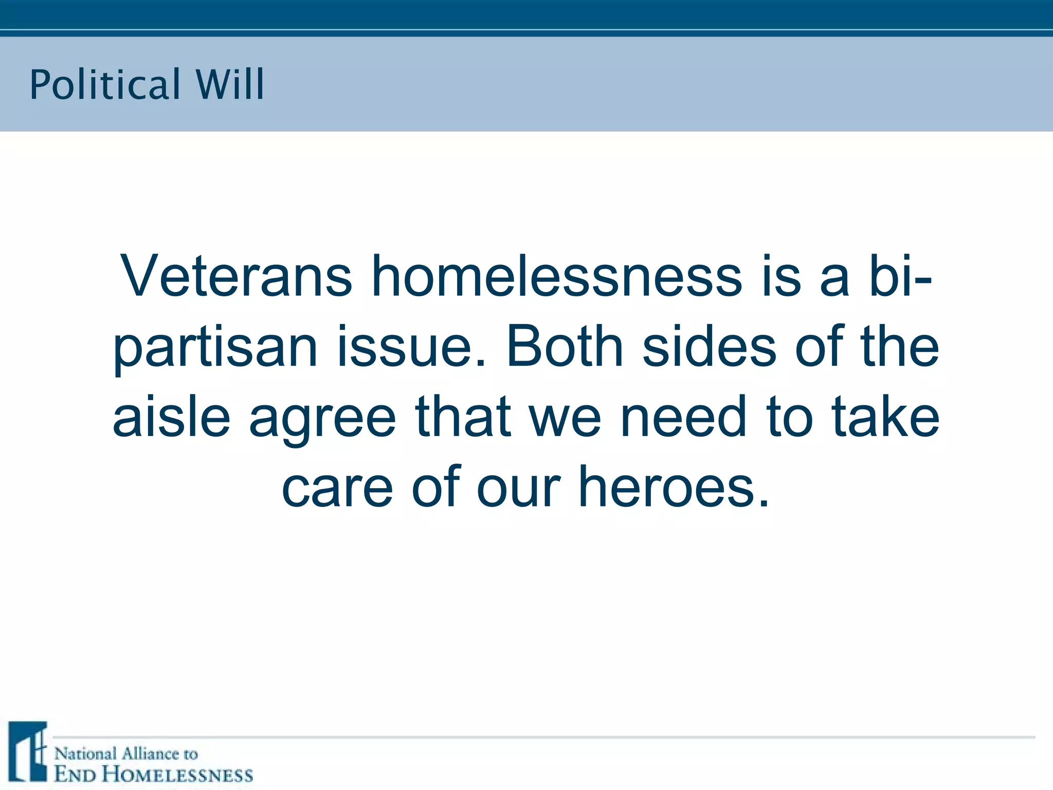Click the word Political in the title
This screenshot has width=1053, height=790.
click(x=105, y=85)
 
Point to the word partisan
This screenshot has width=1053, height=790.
click(x=215, y=348)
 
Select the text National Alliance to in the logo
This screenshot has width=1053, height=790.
click(x=126, y=754)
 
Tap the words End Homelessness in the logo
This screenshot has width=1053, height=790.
click(x=154, y=775)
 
